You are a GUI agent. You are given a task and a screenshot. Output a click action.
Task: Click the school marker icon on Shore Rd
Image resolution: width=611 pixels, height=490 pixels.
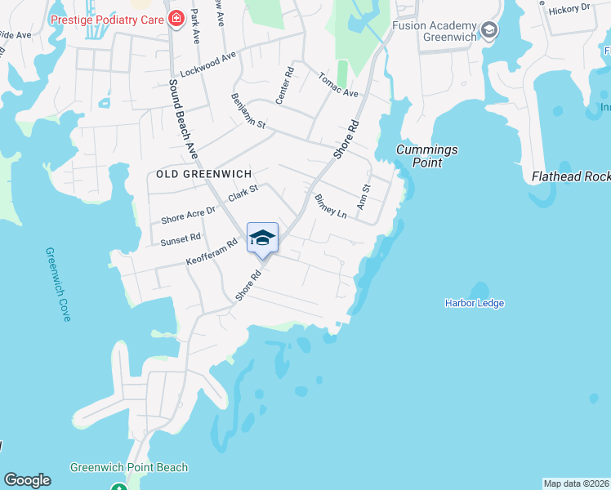coord(262,238)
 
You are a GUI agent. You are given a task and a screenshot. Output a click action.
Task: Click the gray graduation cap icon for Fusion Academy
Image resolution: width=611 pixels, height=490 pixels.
coord(488,31)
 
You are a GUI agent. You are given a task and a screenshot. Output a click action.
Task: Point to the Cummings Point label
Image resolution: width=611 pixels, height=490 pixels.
coord(426,156)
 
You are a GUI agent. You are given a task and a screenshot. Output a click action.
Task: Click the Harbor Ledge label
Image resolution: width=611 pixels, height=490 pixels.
coord(475,303)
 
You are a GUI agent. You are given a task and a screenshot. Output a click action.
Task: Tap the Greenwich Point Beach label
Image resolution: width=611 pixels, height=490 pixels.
coord(129,468)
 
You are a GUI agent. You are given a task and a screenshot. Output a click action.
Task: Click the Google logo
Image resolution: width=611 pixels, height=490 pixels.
coord(27,480)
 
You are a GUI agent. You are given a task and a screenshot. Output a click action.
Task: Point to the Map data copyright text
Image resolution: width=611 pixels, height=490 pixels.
coord(576,483)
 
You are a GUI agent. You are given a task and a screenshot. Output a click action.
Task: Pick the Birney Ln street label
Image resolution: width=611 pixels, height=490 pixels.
coord(332,207)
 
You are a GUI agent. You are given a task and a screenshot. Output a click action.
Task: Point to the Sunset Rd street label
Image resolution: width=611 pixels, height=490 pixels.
coord(181,238)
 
